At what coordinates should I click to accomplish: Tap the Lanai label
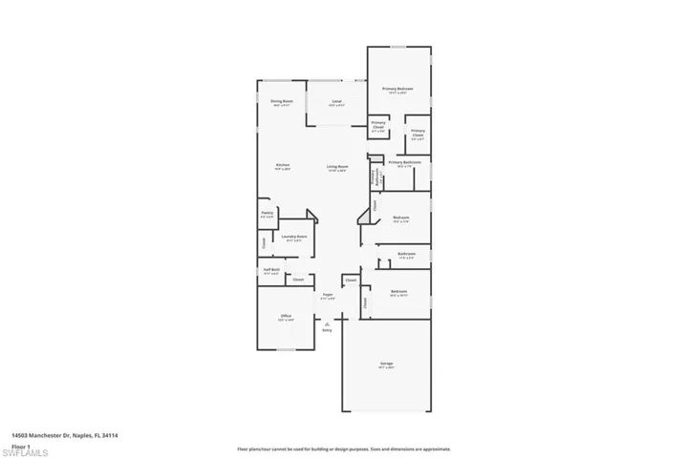tap(336, 101)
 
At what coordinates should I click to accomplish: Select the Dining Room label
tap(281, 101)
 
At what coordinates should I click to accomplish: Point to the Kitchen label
tap(283, 165)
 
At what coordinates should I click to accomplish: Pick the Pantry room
tap(267, 215)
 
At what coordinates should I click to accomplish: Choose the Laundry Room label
tap(294, 237)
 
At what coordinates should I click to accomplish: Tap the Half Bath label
tap(271, 270)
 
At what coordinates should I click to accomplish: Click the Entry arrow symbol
tap(327, 325)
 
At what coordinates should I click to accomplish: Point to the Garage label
tap(386, 364)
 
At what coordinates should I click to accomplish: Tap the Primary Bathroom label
tap(404, 162)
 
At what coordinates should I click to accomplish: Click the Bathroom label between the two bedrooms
tap(406, 255)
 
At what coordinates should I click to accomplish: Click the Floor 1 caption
tap(20, 443)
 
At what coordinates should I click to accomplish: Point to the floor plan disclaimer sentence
tap(343, 448)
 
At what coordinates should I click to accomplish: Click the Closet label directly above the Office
tap(298, 281)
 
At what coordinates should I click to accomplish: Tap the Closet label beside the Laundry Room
tap(265, 242)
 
